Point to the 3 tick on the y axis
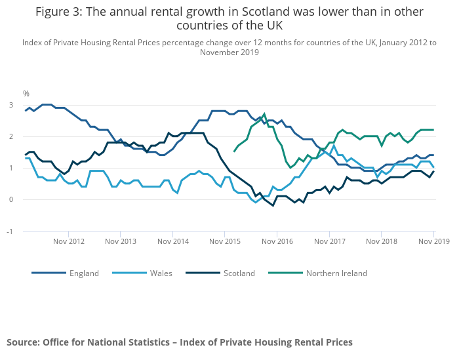(10, 105)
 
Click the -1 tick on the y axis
(10, 231)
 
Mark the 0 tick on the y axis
(10, 200)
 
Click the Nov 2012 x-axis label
(68, 241)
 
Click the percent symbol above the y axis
(26, 94)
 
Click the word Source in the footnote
(23, 342)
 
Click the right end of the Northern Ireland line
(433, 130)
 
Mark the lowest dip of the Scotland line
(273, 206)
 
